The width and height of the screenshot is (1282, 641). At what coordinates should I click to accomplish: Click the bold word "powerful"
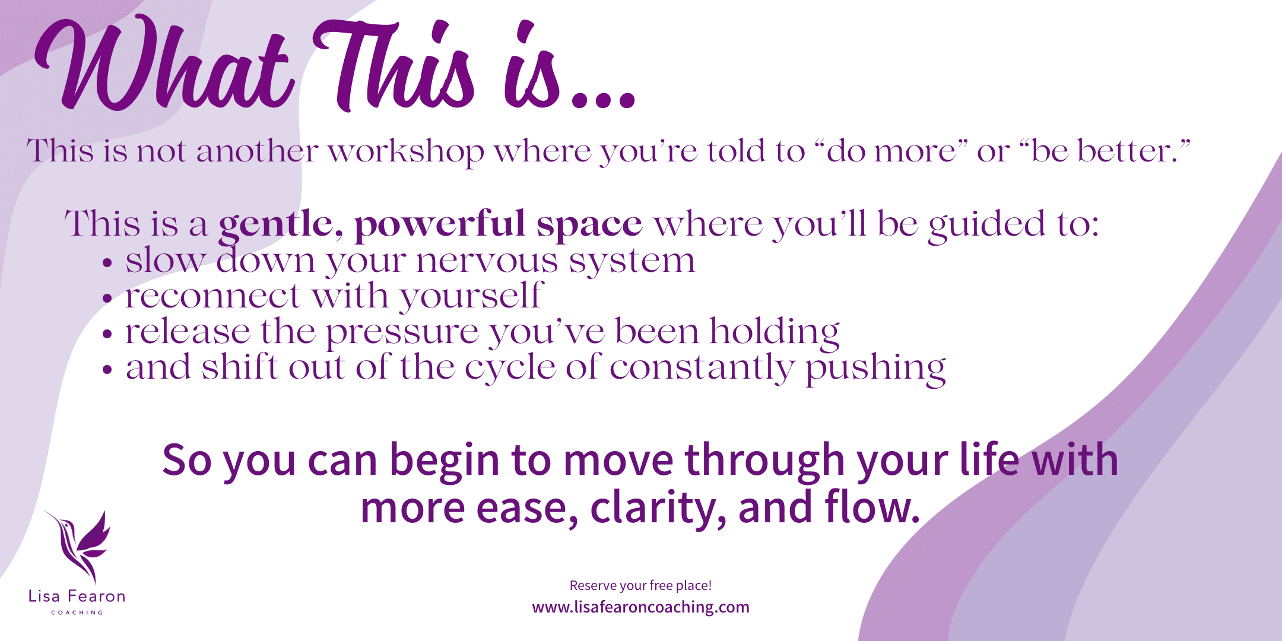pyautogui.click(x=440, y=226)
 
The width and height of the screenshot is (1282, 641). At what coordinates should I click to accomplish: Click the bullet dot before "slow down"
pyautogui.click(x=107, y=263)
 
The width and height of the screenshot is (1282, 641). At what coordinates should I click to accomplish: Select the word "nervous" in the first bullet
pyautogui.click(x=487, y=262)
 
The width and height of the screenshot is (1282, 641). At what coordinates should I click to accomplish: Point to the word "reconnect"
pyautogui.click(x=213, y=296)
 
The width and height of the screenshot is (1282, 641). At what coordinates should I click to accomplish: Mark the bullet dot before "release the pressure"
pyautogui.click(x=107, y=334)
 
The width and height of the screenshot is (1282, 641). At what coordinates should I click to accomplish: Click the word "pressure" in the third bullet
pyautogui.click(x=402, y=333)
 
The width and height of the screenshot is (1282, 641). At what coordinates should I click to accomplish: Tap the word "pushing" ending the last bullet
pyautogui.click(x=875, y=369)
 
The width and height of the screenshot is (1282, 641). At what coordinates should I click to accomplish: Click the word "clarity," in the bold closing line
pyautogui.click(x=658, y=508)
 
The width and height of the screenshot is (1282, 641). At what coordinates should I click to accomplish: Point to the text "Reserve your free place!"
pyautogui.click(x=640, y=586)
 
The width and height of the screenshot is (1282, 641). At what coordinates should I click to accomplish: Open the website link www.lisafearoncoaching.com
pyautogui.click(x=640, y=607)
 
